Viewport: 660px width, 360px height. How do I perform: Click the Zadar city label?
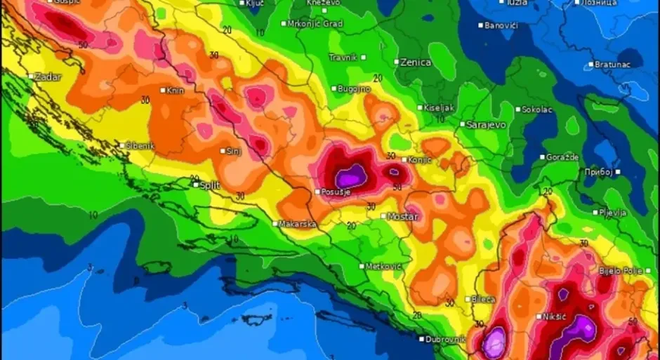coord(48,76)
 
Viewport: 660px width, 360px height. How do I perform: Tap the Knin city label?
coord(176,90)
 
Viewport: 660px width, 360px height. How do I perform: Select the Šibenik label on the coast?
coord(140,146)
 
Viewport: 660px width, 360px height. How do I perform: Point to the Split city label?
coord(209,185)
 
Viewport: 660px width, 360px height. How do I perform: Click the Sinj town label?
coord(233,151)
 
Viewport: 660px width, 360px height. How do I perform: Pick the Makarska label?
coord(297,224)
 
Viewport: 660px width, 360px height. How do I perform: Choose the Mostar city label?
coord(403,216)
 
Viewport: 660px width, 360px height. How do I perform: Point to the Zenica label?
coord(416,62)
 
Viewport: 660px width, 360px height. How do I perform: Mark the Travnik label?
coord(343,57)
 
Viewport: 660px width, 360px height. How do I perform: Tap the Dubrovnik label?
coord(446,340)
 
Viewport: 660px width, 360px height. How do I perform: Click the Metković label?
coord(383,266)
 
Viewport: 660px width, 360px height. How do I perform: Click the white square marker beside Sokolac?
coord(518,109)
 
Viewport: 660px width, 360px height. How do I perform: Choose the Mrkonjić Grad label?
coord(315,23)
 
